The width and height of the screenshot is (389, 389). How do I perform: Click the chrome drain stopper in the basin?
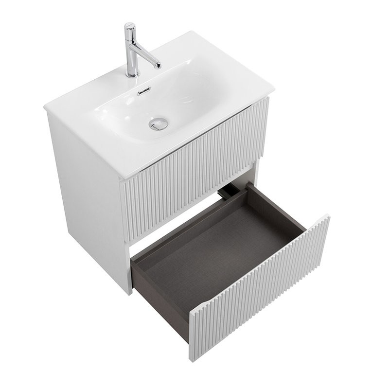pyautogui.click(x=158, y=124)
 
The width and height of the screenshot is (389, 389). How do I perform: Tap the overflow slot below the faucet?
pyautogui.click(x=144, y=90)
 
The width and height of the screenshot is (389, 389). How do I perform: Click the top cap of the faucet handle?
pyautogui.click(x=129, y=25)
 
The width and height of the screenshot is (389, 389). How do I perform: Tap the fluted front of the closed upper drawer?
pyautogui.click(x=194, y=160)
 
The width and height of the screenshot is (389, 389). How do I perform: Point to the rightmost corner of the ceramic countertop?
pyautogui.click(x=273, y=90)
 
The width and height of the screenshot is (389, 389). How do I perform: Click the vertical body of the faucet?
pyautogui.click(x=130, y=53)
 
